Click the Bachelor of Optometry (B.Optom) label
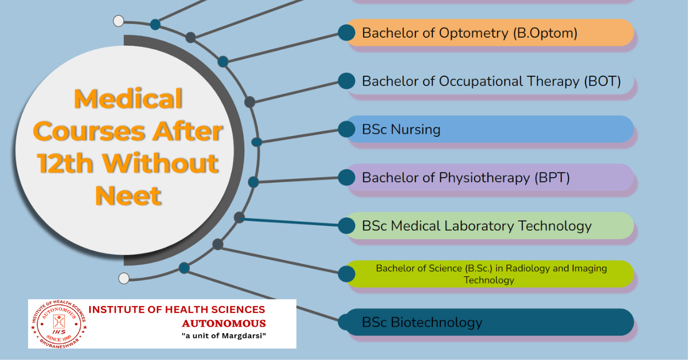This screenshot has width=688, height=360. [x=470, y=33]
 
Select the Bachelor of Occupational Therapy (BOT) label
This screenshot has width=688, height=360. [x=491, y=81]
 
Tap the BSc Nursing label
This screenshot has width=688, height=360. [x=401, y=130]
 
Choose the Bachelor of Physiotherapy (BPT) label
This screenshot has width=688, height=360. [x=466, y=178]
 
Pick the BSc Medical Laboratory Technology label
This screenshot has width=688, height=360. [x=476, y=226]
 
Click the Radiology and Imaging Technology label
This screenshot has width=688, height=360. [x=491, y=274]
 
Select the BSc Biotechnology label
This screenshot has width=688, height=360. [x=422, y=323]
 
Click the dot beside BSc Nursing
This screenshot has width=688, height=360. [x=346, y=130]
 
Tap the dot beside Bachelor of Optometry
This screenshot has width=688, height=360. [x=346, y=33]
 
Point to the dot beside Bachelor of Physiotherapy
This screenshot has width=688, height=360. [x=346, y=178]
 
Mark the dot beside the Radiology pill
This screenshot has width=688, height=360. [x=346, y=274]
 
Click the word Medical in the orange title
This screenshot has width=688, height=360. [x=128, y=99]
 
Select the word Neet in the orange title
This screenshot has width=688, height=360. [x=128, y=195]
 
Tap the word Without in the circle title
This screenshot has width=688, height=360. [x=161, y=163]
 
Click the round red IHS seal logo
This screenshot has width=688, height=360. [x=58, y=324]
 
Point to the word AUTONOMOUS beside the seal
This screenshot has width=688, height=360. [x=224, y=323]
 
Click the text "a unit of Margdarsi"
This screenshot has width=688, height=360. [x=224, y=336]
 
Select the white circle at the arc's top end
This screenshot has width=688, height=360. [x=119, y=21]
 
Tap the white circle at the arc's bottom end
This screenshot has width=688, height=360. [x=124, y=278]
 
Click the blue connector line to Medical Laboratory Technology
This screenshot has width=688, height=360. [x=289, y=222]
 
